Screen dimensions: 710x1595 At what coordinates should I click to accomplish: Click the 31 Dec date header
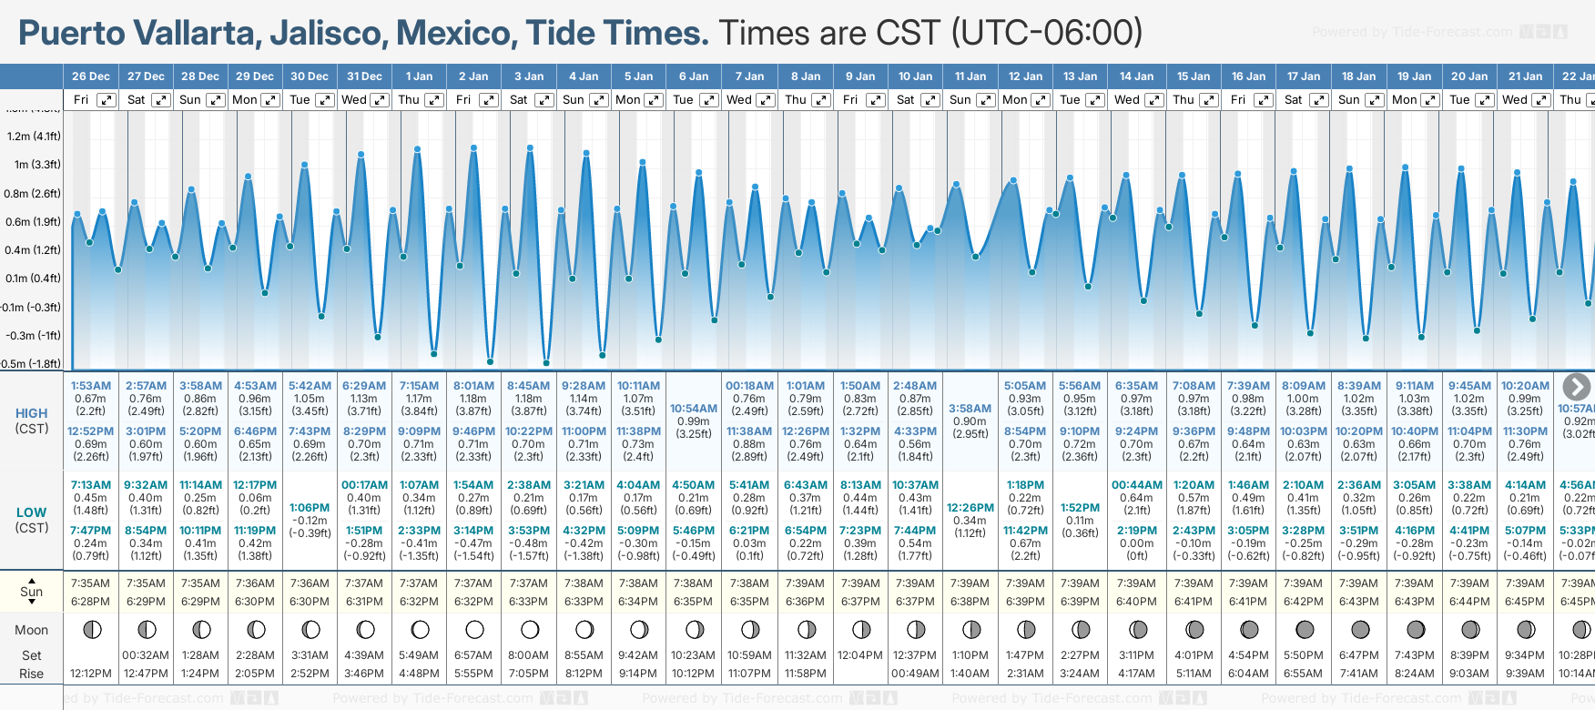[x=364, y=76]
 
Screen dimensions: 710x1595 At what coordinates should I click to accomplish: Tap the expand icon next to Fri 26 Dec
[x=107, y=100]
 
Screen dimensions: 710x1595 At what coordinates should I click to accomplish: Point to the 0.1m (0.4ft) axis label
[x=34, y=279]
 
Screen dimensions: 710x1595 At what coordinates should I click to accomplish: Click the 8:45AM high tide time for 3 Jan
[x=529, y=386]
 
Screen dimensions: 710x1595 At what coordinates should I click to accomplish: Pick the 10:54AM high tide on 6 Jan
[x=693, y=409]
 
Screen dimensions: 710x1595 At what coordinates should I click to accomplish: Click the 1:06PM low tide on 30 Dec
[x=310, y=508]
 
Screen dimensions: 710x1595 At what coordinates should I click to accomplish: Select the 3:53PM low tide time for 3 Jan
[x=529, y=531]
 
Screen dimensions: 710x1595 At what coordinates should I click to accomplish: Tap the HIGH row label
[x=31, y=413]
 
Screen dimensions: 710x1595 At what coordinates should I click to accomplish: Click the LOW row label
[x=31, y=512]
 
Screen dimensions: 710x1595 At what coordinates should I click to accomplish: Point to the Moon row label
[x=31, y=630]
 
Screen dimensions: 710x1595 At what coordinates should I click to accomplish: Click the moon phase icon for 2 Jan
[x=474, y=630]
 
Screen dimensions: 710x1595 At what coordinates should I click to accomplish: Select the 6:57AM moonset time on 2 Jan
[x=473, y=655]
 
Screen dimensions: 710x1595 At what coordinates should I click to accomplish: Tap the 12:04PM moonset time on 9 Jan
[x=860, y=655]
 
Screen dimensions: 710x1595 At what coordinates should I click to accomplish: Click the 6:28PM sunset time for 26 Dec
[x=90, y=602]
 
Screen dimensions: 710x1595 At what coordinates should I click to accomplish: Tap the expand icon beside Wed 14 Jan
[x=1153, y=100]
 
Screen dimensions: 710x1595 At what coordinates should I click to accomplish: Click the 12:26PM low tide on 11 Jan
[x=970, y=508]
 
